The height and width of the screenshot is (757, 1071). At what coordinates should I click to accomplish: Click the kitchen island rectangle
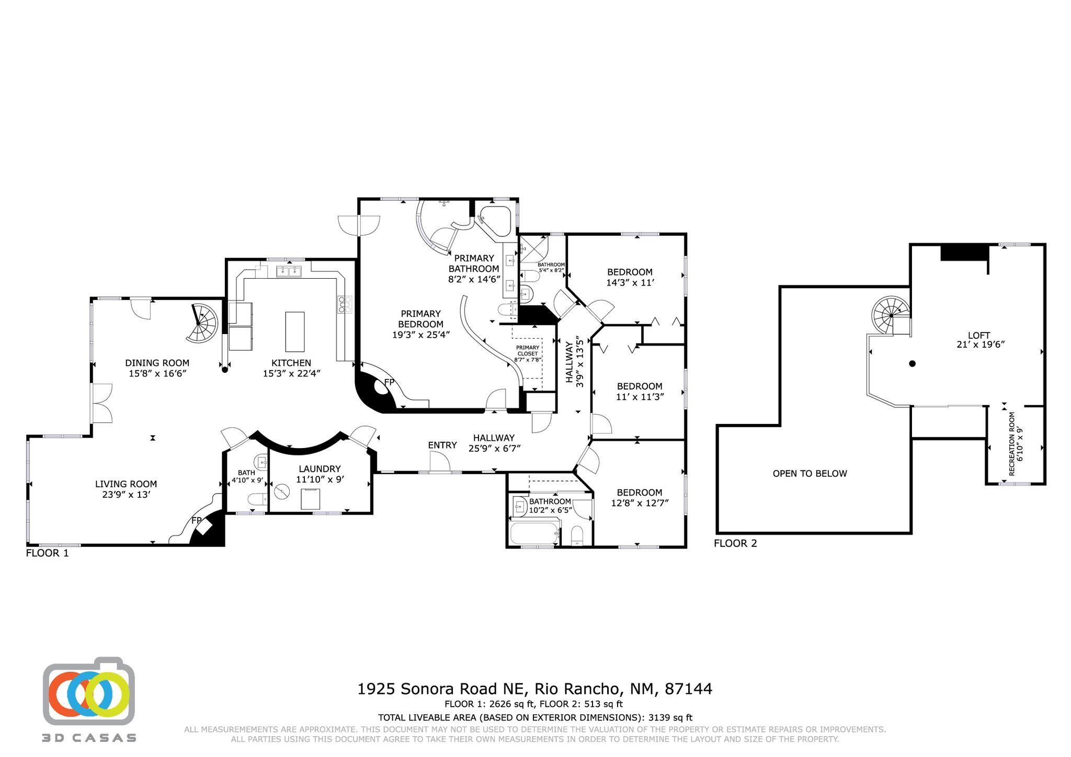click(294, 331)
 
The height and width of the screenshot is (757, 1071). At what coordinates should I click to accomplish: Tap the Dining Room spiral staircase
click(202, 323)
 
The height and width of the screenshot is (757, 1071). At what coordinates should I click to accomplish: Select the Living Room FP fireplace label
click(197, 520)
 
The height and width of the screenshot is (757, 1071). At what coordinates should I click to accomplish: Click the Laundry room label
click(320, 469)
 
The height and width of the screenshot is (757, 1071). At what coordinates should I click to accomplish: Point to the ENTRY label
click(442, 445)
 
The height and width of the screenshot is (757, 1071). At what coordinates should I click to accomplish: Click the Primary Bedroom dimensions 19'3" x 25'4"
click(420, 335)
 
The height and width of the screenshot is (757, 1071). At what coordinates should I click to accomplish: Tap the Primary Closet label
click(527, 350)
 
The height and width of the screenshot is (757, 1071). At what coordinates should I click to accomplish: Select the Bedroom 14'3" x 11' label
click(630, 272)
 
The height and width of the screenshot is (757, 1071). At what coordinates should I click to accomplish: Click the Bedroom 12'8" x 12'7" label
click(639, 492)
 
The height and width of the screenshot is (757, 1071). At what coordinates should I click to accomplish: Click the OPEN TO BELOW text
click(810, 474)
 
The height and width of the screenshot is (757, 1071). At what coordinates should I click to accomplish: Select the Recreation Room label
click(1011, 444)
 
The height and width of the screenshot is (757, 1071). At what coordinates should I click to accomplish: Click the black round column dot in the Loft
click(913, 363)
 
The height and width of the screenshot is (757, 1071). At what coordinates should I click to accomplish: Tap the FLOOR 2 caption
click(735, 543)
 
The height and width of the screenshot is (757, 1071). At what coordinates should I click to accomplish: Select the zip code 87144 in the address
click(688, 689)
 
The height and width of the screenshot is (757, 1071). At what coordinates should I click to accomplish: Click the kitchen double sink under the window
click(289, 271)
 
